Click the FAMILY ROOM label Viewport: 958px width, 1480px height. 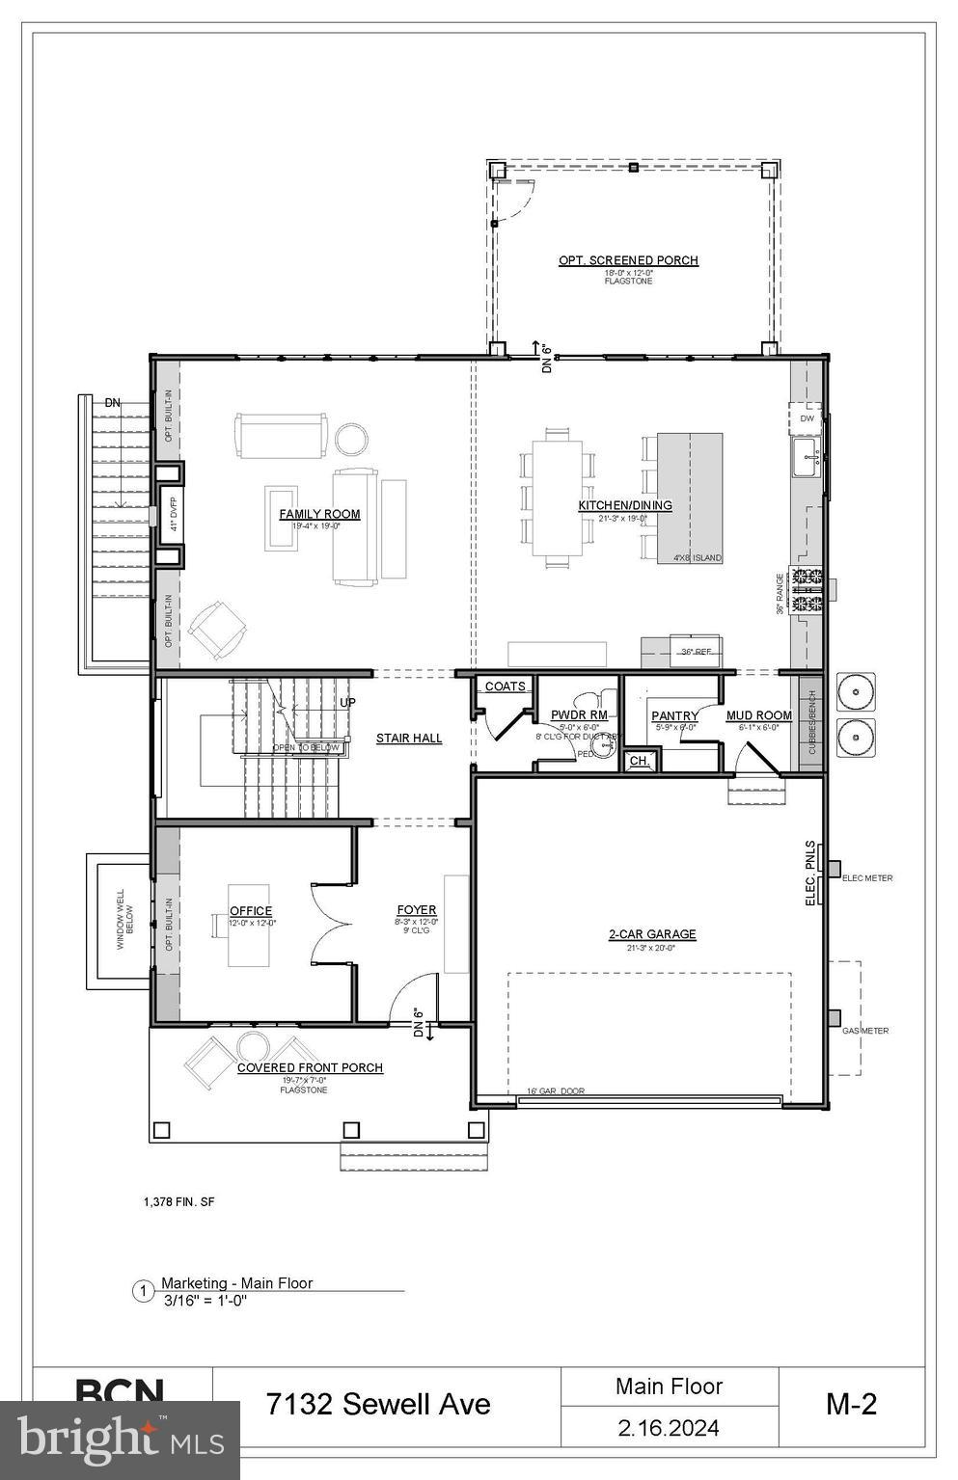point(319,514)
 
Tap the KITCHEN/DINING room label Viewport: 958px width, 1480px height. point(625,505)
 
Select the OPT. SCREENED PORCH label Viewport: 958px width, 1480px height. point(628,260)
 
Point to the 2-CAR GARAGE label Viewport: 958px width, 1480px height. point(652,933)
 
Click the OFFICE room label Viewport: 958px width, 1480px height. point(251,910)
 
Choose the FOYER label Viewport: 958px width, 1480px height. point(417,909)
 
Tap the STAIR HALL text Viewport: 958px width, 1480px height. point(409,739)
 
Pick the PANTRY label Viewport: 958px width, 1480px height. point(674,715)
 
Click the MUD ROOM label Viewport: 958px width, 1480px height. point(759,715)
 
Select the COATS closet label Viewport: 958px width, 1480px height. point(506,686)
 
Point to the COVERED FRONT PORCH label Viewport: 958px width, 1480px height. point(310,1067)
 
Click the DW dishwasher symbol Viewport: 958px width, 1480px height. point(807,419)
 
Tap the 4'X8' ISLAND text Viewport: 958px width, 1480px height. point(697,558)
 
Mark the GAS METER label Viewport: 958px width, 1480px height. point(865,1031)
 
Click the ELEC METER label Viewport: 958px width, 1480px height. point(867,878)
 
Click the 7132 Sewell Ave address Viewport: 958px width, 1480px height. point(378,1404)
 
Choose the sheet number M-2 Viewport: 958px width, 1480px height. point(851,1404)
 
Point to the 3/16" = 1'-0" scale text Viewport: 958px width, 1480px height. point(205,1299)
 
